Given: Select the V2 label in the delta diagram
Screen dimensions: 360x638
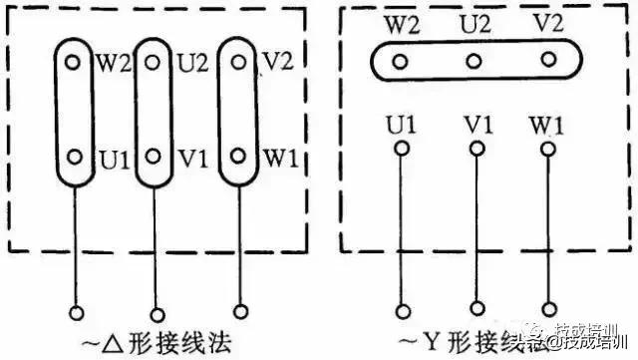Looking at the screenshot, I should click(275, 63).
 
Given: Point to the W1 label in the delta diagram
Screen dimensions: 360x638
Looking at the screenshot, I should click(275, 159).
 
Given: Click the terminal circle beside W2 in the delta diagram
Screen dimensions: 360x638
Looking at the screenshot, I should click(72, 61).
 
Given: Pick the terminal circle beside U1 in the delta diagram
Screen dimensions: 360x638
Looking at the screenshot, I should click(72, 158).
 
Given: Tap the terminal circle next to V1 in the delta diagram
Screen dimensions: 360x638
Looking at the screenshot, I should click(154, 158).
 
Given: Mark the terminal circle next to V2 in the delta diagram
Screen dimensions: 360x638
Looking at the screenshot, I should click(238, 61).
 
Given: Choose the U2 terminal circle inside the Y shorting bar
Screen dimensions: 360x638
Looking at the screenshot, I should click(474, 62).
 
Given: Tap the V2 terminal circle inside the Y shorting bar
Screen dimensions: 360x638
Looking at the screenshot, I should click(546, 62).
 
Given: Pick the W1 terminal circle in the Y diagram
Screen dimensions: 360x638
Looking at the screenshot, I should click(546, 150).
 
